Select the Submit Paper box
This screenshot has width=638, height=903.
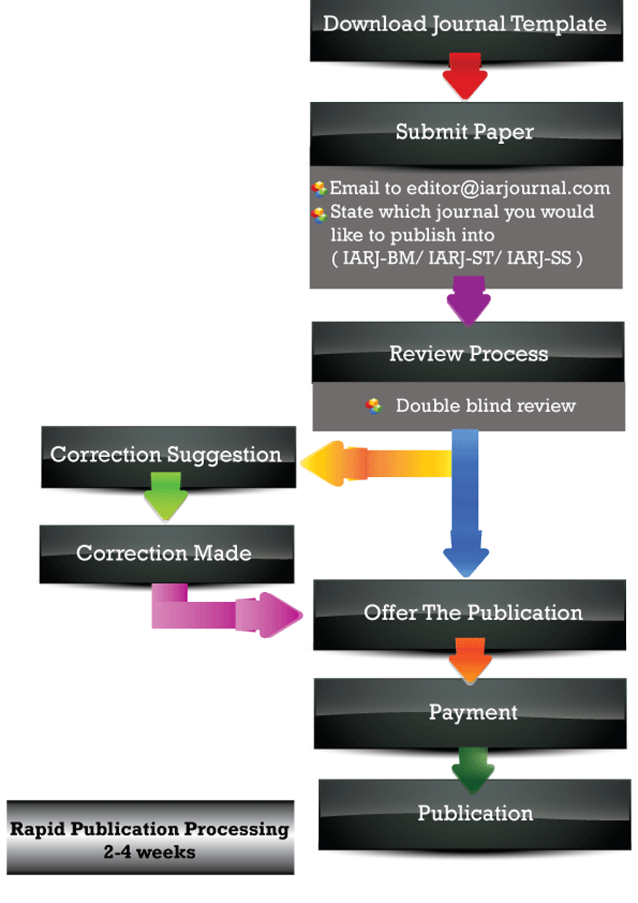(466, 132)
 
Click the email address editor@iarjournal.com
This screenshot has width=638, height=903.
(508, 188)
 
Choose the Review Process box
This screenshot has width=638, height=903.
(468, 353)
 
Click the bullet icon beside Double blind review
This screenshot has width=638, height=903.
(374, 406)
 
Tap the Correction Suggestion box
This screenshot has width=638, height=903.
(168, 456)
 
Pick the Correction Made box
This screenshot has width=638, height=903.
(166, 553)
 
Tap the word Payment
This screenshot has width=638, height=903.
(473, 712)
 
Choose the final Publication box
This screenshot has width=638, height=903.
(475, 814)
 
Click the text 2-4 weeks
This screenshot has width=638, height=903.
(150, 853)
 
